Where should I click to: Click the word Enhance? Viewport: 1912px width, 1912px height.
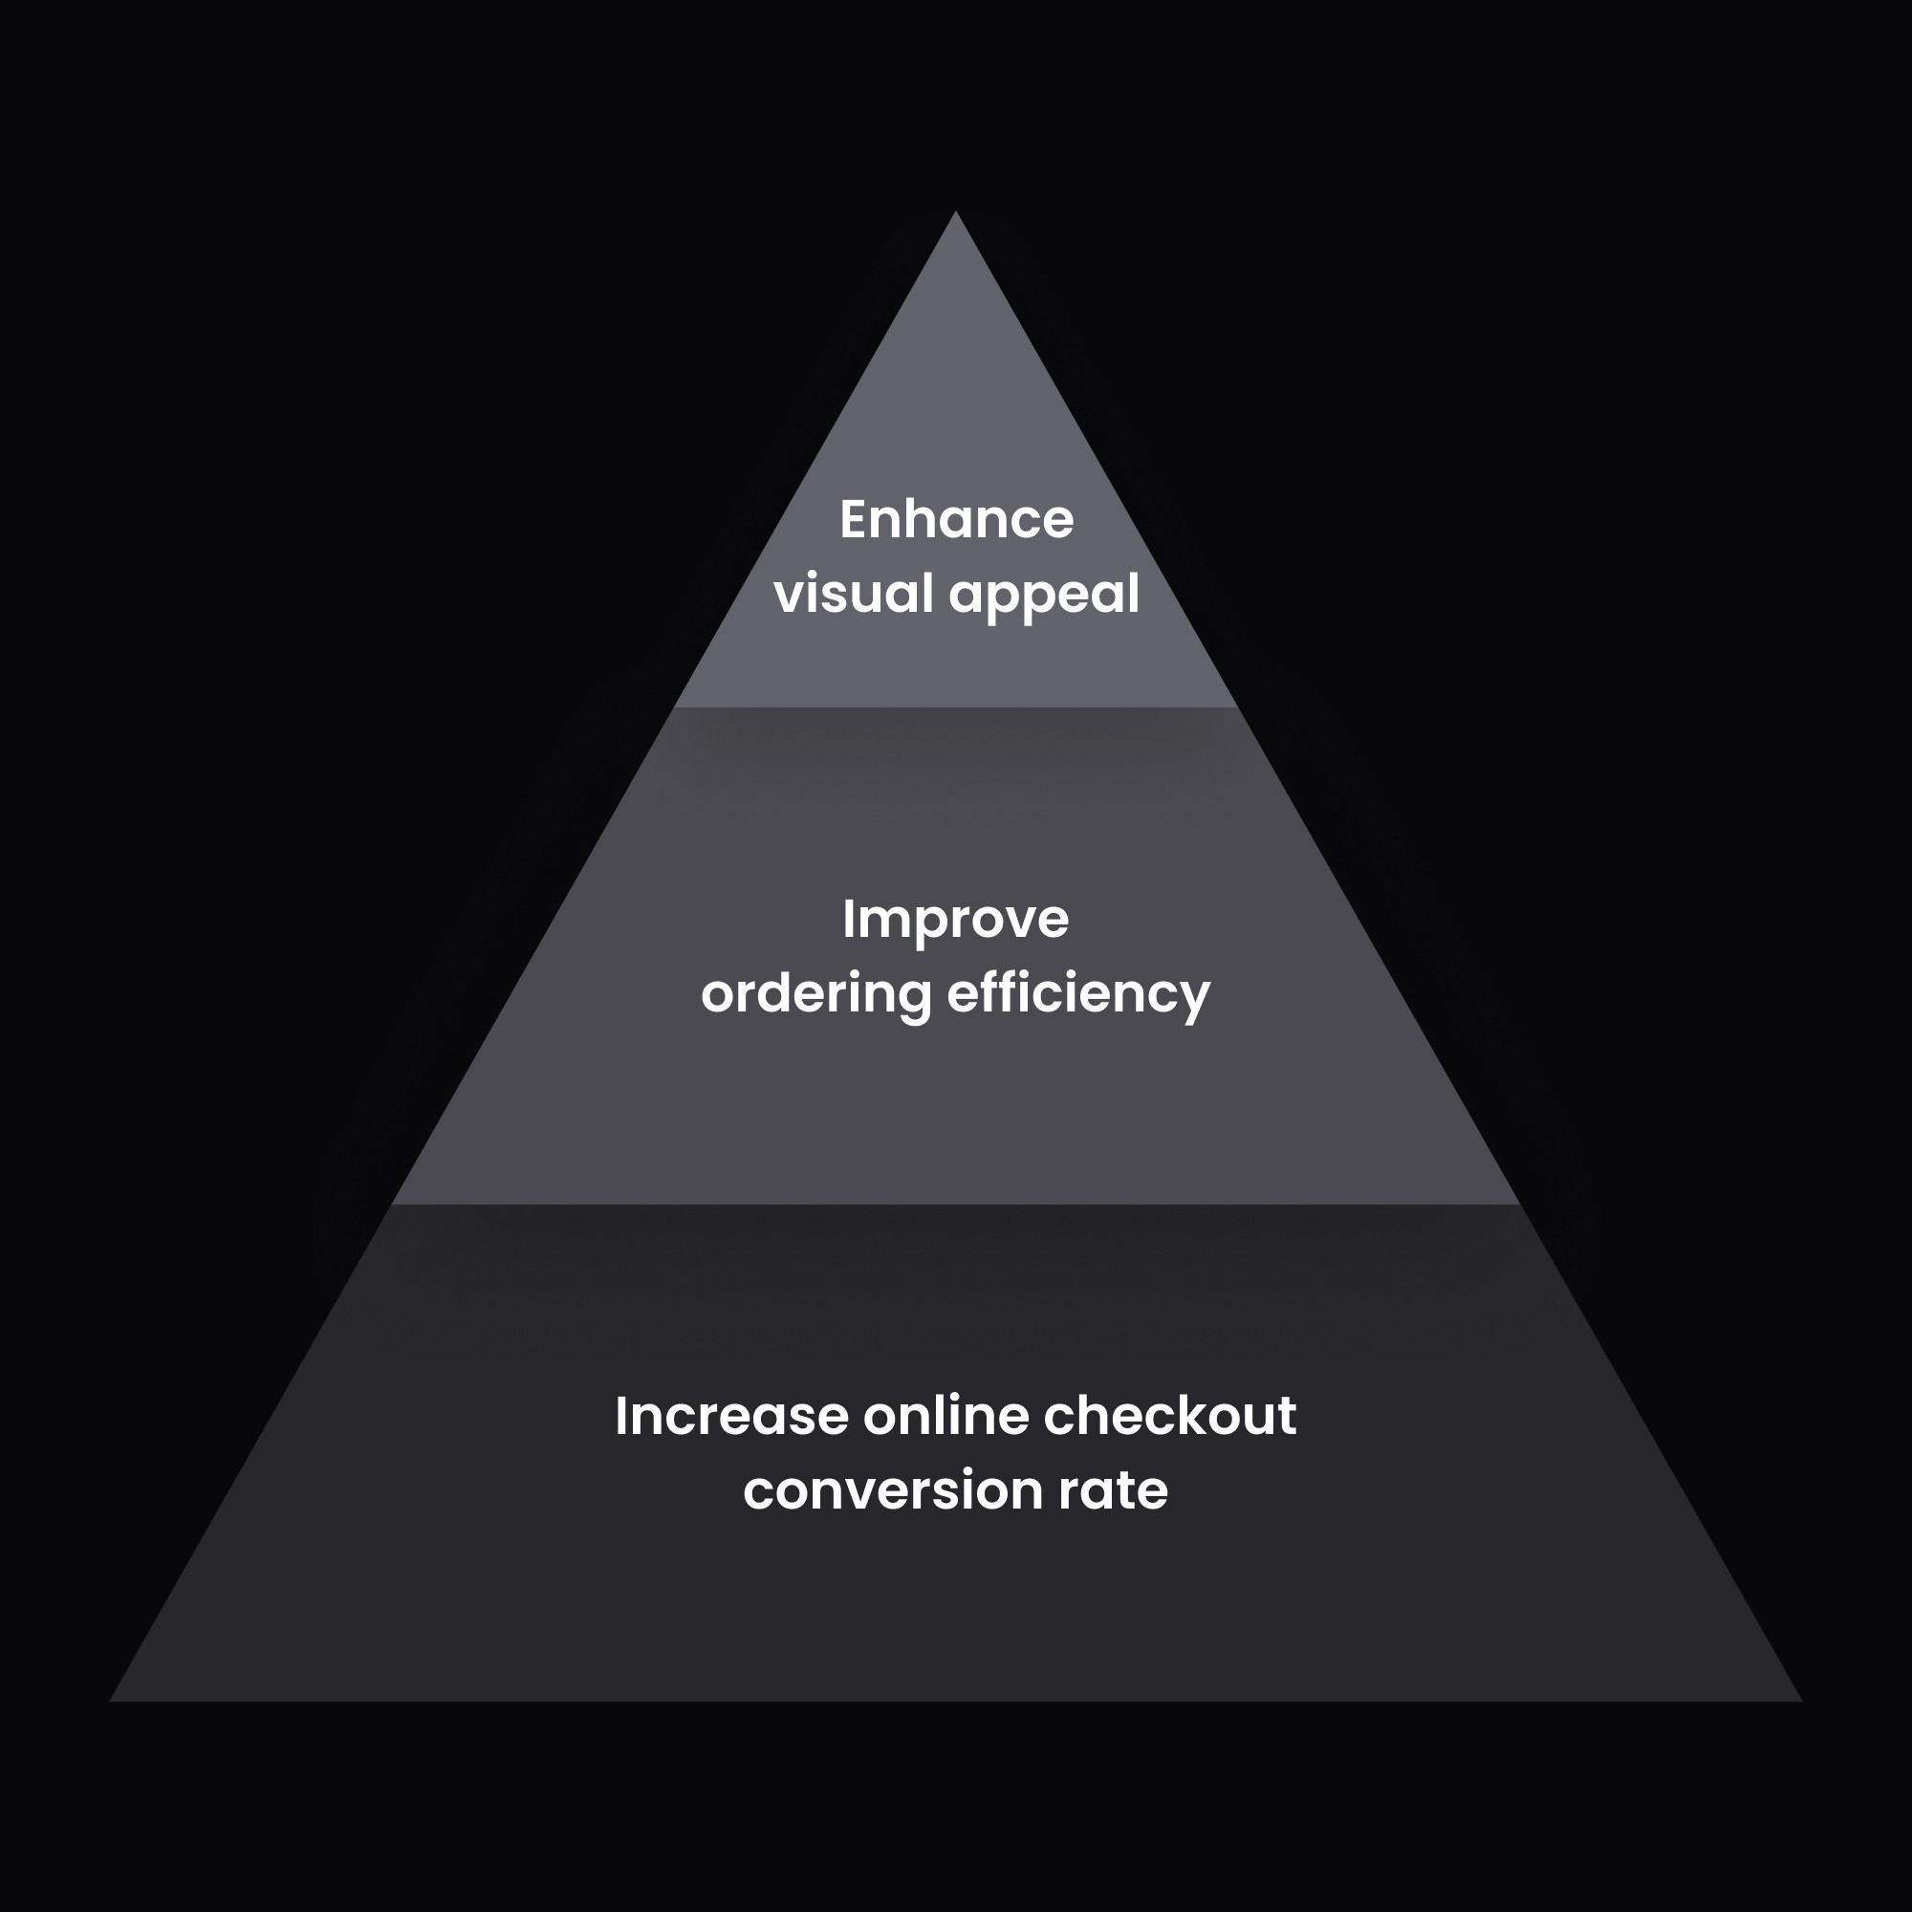tap(956, 519)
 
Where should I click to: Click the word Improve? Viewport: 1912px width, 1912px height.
tap(956, 921)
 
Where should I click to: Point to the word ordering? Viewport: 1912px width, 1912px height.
tap(815, 994)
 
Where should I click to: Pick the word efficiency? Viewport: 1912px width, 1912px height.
tap(1078, 994)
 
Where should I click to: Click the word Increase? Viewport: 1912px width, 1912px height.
tap(731, 1416)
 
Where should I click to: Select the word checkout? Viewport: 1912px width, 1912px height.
tap(1170, 1416)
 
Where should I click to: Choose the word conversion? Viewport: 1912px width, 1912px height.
tap(893, 1490)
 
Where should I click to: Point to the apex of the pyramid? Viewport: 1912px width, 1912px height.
tap(956, 213)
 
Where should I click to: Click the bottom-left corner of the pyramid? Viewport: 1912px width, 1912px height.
tap(111, 1702)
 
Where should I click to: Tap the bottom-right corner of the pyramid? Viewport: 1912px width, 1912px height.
tap(1801, 1702)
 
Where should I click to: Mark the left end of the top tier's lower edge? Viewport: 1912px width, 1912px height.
tap(675, 706)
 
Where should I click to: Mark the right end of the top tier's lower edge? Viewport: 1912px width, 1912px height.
tap(1237, 706)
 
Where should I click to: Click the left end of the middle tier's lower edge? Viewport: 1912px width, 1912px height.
tap(393, 1205)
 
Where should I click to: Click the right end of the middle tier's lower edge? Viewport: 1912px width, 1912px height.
tap(1519, 1205)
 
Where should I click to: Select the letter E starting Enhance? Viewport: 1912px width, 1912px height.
tap(853, 519)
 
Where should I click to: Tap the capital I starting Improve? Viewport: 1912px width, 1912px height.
tap(848, 920)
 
